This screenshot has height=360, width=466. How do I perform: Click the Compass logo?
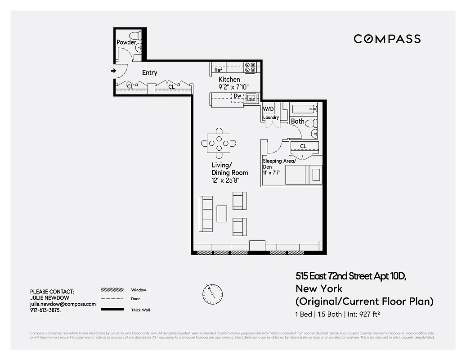(x=387, y=39)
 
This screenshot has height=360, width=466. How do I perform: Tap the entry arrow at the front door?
(x=113, y=70)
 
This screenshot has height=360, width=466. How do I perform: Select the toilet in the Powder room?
(x=135, y=36)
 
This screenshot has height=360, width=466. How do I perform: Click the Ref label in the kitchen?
(x=218, y=70)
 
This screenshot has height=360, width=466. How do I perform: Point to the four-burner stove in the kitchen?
(x=250, y=67)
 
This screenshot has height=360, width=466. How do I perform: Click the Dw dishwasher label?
(x=237, y=96)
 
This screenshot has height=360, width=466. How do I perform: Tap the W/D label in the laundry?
(x=268, y=109)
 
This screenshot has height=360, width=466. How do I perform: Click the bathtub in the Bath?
(x=304, y=108)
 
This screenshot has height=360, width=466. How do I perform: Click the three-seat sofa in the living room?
(x=206, y=213)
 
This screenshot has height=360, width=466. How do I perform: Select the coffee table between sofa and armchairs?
(x=222, y=213)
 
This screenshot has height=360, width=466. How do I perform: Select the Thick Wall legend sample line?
(x=112, y=310)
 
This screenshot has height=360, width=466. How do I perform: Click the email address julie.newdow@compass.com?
(x=63, y=304)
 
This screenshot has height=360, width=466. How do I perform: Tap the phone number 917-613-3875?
(x=45, y=310)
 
